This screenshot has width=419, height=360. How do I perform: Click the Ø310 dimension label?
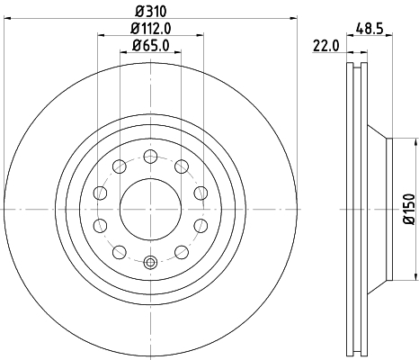150,12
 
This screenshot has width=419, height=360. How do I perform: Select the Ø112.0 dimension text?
151,29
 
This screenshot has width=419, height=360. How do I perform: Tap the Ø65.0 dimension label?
151,46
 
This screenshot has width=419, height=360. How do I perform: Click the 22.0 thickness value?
326,46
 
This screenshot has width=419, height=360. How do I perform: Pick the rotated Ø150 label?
410,209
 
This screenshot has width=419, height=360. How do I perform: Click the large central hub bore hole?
150,209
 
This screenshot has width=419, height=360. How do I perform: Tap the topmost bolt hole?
150,157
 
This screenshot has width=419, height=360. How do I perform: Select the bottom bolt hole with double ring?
150,262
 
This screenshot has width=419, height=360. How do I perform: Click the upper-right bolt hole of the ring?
182,166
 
